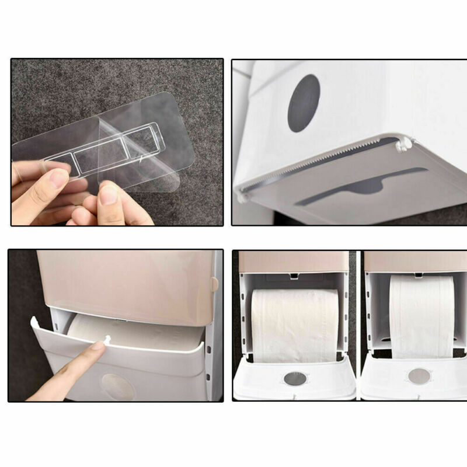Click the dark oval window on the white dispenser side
coord(304,103)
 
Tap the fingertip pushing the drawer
coord(96,348)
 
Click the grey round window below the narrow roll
coord(420,375)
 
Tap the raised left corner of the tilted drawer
coord(34,321)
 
